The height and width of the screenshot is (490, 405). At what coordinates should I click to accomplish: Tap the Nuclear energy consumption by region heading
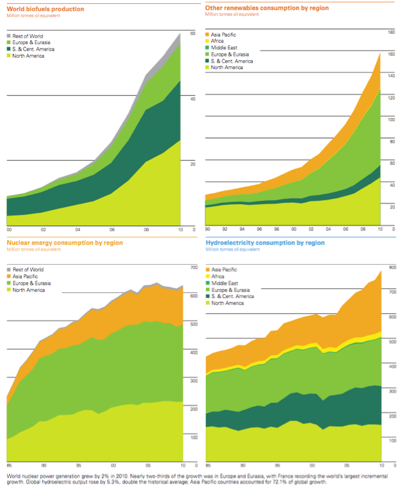pos(56,243)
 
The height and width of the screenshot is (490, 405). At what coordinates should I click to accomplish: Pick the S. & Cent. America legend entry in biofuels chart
pos(31,49)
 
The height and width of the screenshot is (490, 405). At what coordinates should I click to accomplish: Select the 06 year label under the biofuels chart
pos(111,230)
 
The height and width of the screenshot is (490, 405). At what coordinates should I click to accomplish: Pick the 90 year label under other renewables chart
pos(207,229)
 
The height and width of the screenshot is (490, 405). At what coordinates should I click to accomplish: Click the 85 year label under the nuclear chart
pos(9,465)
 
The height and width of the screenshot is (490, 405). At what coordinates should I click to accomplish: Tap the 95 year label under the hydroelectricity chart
pos(280,465)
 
